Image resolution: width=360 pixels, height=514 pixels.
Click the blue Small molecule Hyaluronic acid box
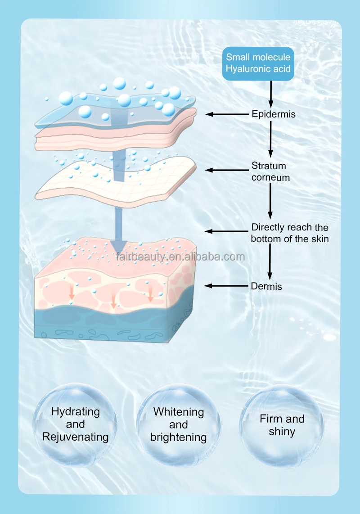(x=258, y=63)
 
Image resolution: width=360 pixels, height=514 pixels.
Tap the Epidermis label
(x=273, y=114)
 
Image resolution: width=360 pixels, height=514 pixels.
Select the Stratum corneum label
(x=270, y=171)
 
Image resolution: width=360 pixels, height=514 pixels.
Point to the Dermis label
(x=266, y=286)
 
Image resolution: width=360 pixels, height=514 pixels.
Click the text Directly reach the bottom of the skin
(x=290, y=233)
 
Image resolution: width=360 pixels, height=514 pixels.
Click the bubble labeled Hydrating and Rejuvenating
(x=76, y=424)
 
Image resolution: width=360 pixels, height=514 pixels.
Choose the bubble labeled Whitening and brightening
(x=179, y=424)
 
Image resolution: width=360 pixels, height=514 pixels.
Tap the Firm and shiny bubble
(x=282, y=425)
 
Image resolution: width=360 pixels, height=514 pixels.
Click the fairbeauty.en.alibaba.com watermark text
(x=180, y=257)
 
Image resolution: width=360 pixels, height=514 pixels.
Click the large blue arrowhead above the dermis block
(x=119, y=246)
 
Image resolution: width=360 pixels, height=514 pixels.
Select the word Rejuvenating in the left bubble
(x=76, y=437)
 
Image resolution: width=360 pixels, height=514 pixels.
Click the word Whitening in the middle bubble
(x=179, y=412)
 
